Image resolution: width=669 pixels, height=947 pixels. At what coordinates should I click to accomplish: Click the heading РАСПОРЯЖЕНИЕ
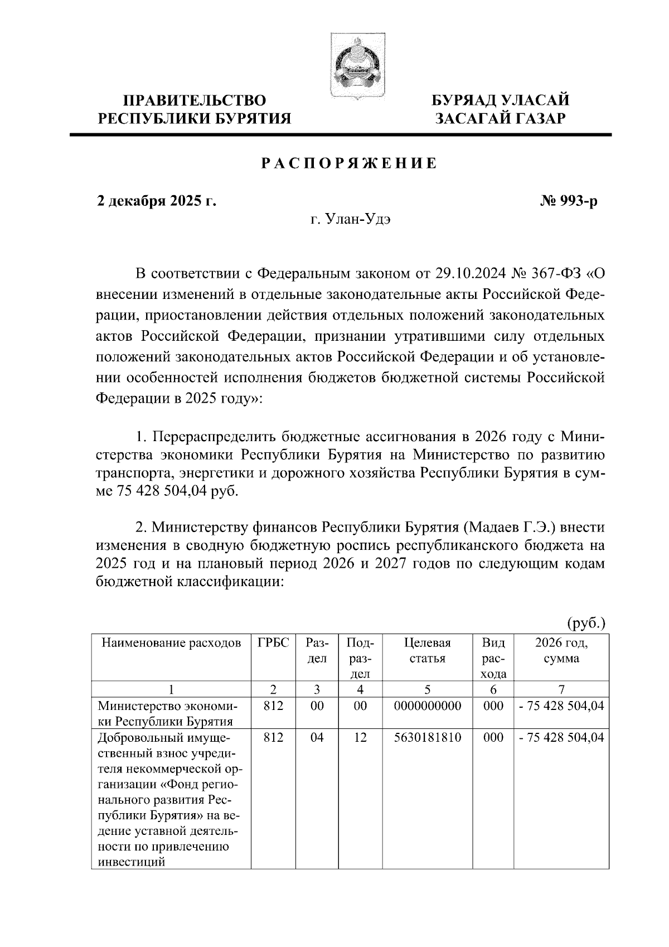click(350, 164)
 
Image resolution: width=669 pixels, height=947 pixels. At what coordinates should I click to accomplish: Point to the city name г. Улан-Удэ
click(351, 219)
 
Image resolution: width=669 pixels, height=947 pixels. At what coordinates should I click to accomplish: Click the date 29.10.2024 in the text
click(464, 274)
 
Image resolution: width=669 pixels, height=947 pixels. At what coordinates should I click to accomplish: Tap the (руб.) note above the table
click(585, 622)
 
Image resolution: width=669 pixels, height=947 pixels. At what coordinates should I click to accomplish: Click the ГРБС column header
click(273, 642)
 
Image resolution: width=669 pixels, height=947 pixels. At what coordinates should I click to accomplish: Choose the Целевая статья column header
click(428, 650)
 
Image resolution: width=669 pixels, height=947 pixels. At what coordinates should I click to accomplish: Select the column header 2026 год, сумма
click(561, 650)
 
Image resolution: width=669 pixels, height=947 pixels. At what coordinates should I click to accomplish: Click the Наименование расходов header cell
click(171, 642)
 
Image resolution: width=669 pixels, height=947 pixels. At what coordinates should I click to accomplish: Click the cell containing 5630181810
click(428, 737)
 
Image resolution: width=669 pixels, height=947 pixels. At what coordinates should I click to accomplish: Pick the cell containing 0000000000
click(428, 706)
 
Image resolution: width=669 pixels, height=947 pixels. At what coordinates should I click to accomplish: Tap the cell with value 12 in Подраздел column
click(361, 737)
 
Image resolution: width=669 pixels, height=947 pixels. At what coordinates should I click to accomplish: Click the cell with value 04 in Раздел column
click(317, 737)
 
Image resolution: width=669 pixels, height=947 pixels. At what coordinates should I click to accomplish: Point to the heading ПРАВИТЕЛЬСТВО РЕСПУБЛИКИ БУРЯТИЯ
click(195, 109)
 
